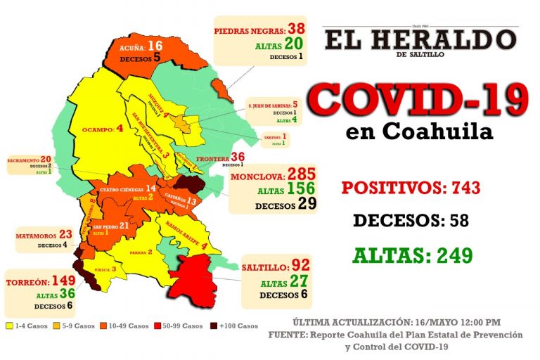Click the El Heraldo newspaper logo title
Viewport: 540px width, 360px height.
[x=420, y=39]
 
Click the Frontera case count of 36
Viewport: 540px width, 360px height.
[x=238, y=157]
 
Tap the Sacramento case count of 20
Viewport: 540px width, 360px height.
[x=46, y=159]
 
